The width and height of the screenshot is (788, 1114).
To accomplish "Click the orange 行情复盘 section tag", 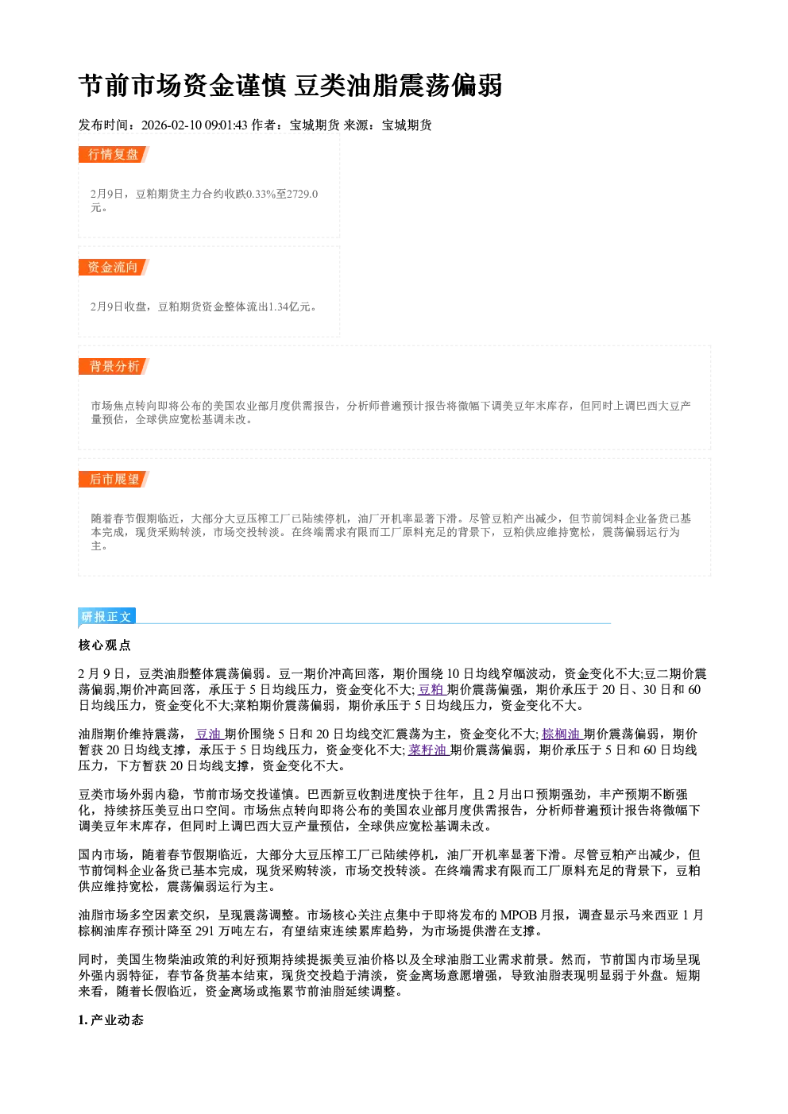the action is click(114, 154).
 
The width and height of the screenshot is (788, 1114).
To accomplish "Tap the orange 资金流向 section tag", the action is click(114, 267).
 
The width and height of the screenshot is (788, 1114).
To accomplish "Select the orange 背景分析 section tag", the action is click(114, 367).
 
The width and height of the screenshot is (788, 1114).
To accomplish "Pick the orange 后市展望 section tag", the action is click(114, 479).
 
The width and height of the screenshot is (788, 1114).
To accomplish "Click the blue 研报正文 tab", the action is click(106, 617).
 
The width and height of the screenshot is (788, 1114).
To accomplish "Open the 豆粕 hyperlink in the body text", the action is click(431, 689).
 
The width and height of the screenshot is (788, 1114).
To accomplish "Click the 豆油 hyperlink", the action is click(208, 734).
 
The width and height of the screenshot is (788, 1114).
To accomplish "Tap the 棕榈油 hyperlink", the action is click(561, 734).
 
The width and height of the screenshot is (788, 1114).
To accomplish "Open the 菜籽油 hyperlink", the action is click(428, 750).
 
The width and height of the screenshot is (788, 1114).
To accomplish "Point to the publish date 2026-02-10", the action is click(171, 125).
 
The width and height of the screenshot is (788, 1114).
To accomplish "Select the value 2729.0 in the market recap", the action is click(303, 194).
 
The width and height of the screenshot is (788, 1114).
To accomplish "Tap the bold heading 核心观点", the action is click(105, 646).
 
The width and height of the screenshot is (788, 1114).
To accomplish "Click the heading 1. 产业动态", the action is click(111, 1020).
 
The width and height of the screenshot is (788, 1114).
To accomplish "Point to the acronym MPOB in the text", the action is click(519, 915).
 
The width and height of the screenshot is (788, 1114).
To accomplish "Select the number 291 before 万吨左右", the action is click(205, 931).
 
